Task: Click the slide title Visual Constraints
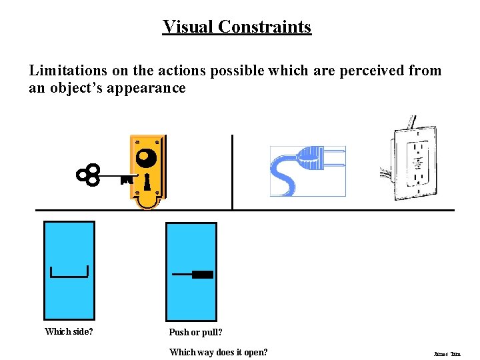237,27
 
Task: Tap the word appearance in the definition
149,88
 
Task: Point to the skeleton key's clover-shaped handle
88,175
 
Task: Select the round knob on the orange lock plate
145,158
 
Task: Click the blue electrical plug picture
307,171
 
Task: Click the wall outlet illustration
414,163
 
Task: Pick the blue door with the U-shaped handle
69,270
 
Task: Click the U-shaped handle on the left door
69,272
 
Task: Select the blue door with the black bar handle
191,270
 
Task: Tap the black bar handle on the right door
202,275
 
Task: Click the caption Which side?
69,331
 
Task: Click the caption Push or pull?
195,332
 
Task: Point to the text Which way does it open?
218,352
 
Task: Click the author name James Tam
447,354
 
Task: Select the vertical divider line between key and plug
232,172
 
